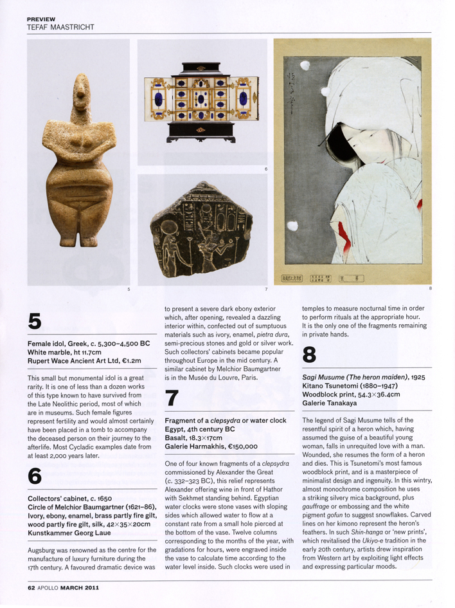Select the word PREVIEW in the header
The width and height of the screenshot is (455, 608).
pos(41,19)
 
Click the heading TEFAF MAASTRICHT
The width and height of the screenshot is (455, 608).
pos(59,27)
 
